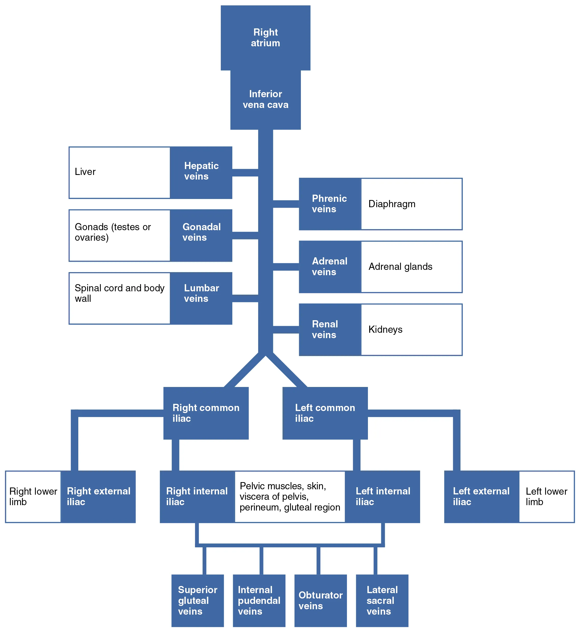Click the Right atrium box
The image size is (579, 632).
tap(265, 38)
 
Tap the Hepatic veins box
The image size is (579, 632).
tap(201, 172)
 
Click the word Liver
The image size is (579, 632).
tap(85, 172)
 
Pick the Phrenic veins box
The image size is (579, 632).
tap(330, 204)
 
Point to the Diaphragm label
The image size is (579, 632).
tap(391, 204)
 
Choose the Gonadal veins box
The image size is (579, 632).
tap(201, 235)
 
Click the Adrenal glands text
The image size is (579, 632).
tap(400, 267)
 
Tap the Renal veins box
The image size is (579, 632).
tap(330, 329)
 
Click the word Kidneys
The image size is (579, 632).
tap(385, 329)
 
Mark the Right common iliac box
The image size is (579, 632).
tap(206, 413)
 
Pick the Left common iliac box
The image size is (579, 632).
tap(325, 413)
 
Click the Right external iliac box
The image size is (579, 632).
tap(98, 497)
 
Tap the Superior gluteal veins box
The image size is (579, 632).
tap(198, 601)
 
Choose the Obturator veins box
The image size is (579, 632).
tap(321, 601)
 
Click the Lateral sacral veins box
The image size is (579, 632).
tap(382, 601)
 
